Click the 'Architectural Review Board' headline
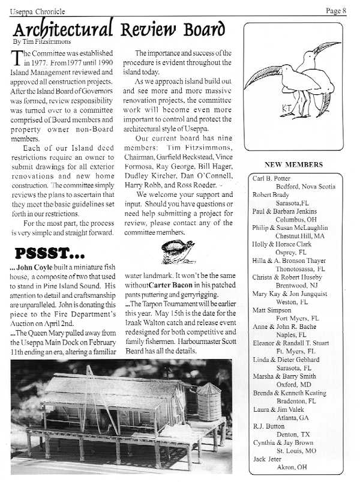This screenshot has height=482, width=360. click(x=119, y=29)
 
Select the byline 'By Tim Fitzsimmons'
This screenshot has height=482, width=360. click(x=39, y=42)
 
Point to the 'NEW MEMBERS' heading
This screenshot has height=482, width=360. click(x=293, y=164)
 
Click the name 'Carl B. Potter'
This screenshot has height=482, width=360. click(x=271, y=178)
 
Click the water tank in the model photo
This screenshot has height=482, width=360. click(x=209, y=402)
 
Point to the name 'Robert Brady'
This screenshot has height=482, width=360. click(x=271, y=195)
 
